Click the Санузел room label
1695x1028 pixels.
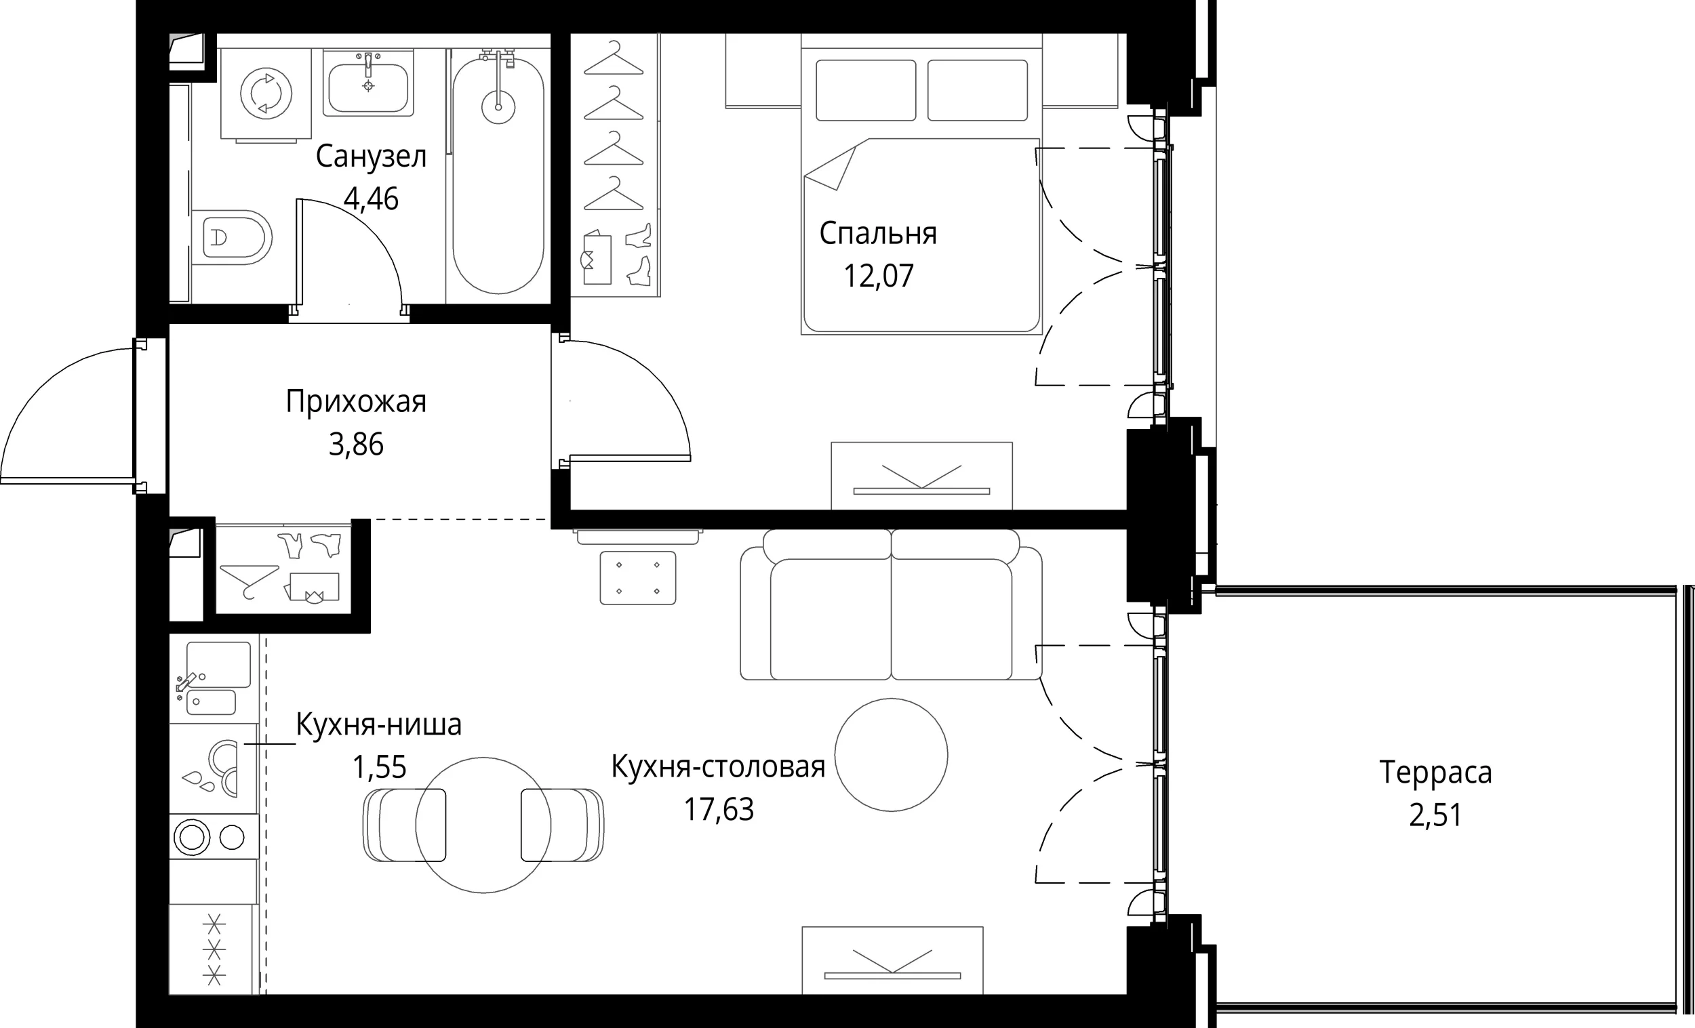[x=371, y=157]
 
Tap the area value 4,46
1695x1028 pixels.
[x=371, y=199]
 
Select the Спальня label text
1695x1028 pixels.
[x=878, y=234]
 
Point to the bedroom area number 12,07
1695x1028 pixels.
[x=879, y=276]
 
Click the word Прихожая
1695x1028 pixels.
[x=356, y=402]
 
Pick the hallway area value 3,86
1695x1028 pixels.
[x=356, y=445]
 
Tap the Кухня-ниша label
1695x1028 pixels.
[x=378, y=724]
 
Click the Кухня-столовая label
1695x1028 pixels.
[x=718, y=766]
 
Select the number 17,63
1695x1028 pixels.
[x=718, y=809]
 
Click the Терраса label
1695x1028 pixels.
[x=1435, y=773]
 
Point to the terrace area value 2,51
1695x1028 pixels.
[x=1435, y=815]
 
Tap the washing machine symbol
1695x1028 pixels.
[x=266, y=93]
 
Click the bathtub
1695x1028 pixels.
[x=498, y=176]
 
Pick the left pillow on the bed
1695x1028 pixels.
[x=866, y=90]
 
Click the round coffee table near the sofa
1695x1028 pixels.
[x=892, y=755]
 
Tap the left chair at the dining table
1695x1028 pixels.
[x=405, y=825]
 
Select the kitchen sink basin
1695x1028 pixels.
[x=218, y=663]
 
